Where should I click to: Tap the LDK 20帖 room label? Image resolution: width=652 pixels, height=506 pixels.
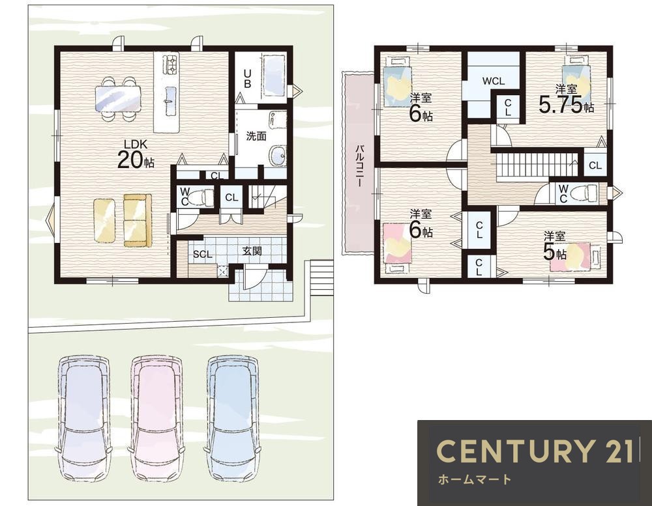pyautogui.click(x=136, y=154)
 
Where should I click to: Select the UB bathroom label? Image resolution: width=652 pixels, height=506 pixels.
pyautogui.click(x=247, y=79)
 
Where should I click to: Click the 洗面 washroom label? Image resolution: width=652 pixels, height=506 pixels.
pyautogui.click(x=256, y=136)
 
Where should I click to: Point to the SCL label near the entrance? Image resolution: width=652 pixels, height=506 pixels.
pyautogui.click(x=203, y=255)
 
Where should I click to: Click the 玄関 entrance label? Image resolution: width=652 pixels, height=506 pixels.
pyautogui.click(x=252, y=251)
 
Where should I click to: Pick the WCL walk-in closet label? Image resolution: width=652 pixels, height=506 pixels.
pyautogui.click(x=494, y=81)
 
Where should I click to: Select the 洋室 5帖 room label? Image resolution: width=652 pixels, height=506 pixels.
pyautogui.click(x=555, y=246)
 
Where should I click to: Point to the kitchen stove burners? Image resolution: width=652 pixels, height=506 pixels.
pyautogui.click(x=171, y=64)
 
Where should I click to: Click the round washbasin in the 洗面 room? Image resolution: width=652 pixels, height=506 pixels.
pyautogui.click(x=277, y=156)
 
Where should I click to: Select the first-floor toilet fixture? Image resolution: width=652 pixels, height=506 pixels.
pyautogui.click(x=203, y=195)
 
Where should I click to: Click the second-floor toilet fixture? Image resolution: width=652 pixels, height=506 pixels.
pyautogui.click(x=584, y=193)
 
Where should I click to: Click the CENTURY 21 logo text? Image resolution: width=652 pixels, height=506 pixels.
pyautogui.click(x=535, y=451)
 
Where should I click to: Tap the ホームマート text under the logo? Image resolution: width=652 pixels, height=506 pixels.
pyautogui.click(x=474, y=480)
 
